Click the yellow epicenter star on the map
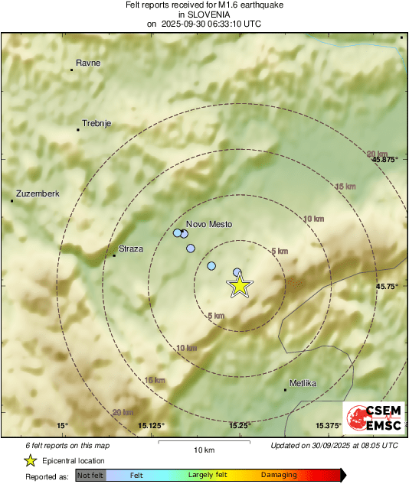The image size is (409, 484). click(x=240, y=286)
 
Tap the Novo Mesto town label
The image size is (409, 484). click(x=209, y=224)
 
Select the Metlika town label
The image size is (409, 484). click(x=303, y=383)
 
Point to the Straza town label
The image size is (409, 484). click(x=131, y=248)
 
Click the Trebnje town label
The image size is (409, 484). click(x=97, y=123)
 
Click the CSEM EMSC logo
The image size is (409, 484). click(x=372, y=417)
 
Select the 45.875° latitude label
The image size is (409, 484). click(x=384, y=160)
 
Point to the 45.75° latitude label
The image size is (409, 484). click(x=387, y=286)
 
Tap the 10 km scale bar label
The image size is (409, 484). click(x=204, y=449)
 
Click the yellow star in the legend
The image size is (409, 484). click(x=30, y=460)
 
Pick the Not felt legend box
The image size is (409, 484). click(x=91, y=475)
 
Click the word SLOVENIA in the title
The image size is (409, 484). click(x=204, y=14)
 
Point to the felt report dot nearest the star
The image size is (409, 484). click(x=237, y=272)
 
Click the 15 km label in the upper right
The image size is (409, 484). click(x=345, y=187)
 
